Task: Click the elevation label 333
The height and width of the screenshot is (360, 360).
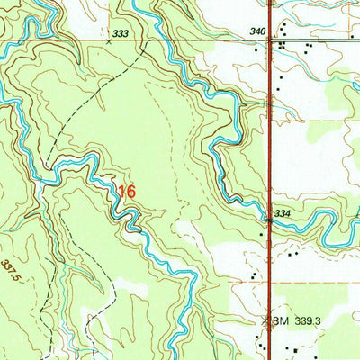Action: coord(121,32)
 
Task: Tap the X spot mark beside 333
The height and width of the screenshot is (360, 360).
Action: coord(109,40)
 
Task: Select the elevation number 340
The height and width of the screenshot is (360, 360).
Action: coord(257,31)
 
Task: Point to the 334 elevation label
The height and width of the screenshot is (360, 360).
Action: coord(283,213)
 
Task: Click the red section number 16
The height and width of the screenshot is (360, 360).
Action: coord(127,192)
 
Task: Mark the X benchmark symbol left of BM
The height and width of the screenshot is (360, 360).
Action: coord(266,320)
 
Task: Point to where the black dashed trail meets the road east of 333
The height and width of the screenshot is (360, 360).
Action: coord(144,41)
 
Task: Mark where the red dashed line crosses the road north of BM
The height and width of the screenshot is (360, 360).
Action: coord(270,283)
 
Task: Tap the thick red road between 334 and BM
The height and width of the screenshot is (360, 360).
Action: coord(270,270)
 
